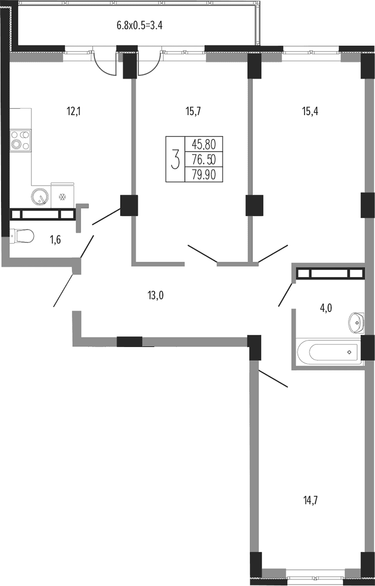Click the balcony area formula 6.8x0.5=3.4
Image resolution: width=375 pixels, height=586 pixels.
[x=141, y=26]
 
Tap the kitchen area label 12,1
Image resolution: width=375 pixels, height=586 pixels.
[x=74, y=111]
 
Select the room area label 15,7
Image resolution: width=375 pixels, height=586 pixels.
[x=193, y=111]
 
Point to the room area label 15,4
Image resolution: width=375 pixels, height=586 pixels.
[x=310, y=111]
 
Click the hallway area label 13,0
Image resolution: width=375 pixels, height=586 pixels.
[x=156, y=296]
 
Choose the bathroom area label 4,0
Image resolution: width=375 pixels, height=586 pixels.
[x=326, y=308]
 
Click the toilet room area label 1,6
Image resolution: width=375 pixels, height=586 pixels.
[x=55, y=240]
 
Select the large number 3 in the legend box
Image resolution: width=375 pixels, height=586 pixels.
[x=175, y=159]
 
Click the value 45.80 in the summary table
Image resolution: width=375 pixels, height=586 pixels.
[x=204, y=144]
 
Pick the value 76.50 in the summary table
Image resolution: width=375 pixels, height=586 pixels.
[x=204, y=159]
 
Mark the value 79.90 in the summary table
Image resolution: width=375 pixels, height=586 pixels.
[x=204, y=175]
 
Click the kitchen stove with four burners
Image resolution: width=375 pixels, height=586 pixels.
[x=20, y=140]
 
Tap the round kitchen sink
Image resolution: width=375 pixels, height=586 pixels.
[x=40, y=196]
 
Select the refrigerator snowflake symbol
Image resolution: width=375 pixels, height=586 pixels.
[x=63, y=196]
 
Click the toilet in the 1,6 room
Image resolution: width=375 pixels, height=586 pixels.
[x=22, y=236]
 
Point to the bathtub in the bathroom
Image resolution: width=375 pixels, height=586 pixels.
[x=329, y=352]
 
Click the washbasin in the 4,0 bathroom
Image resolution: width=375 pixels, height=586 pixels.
[x=356, y=322]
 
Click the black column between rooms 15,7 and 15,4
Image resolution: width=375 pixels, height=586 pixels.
[x=254, y=205]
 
